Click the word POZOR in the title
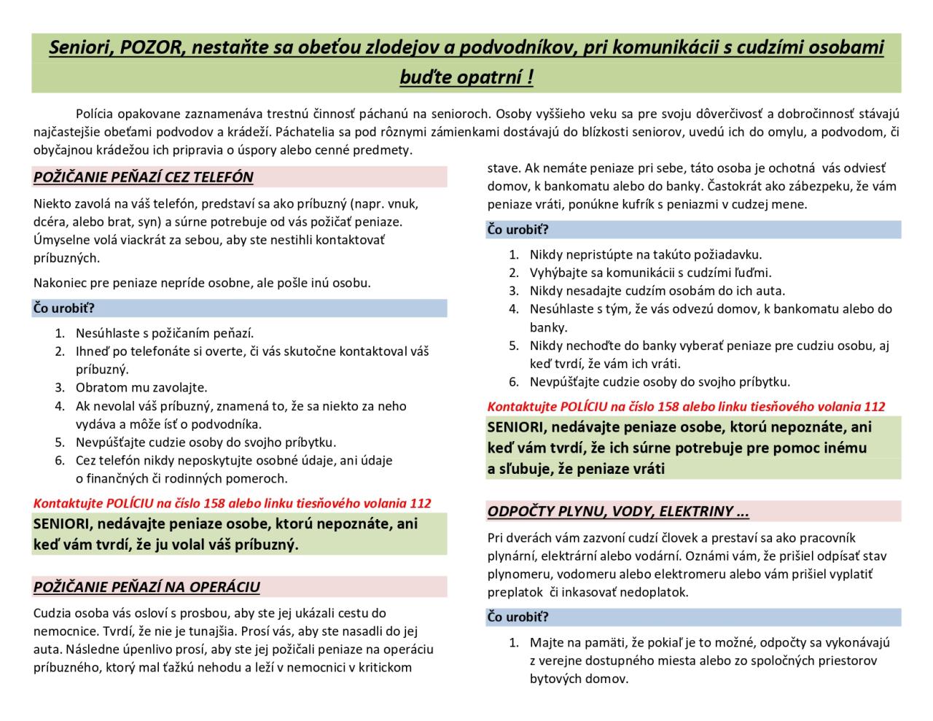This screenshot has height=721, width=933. point(148,47)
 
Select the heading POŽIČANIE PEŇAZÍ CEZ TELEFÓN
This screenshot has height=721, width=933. point(144,177)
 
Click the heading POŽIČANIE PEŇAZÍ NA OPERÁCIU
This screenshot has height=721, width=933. point(147,588)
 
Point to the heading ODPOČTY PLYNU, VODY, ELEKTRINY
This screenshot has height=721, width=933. point(618,512)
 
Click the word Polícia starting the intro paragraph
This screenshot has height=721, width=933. point(97,114)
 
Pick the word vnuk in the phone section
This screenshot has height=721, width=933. point(402,203)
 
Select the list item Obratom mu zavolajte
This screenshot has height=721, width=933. point(141,388)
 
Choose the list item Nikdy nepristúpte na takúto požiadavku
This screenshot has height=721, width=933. point(645,254)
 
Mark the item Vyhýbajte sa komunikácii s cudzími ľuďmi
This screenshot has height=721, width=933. point(650,273)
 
